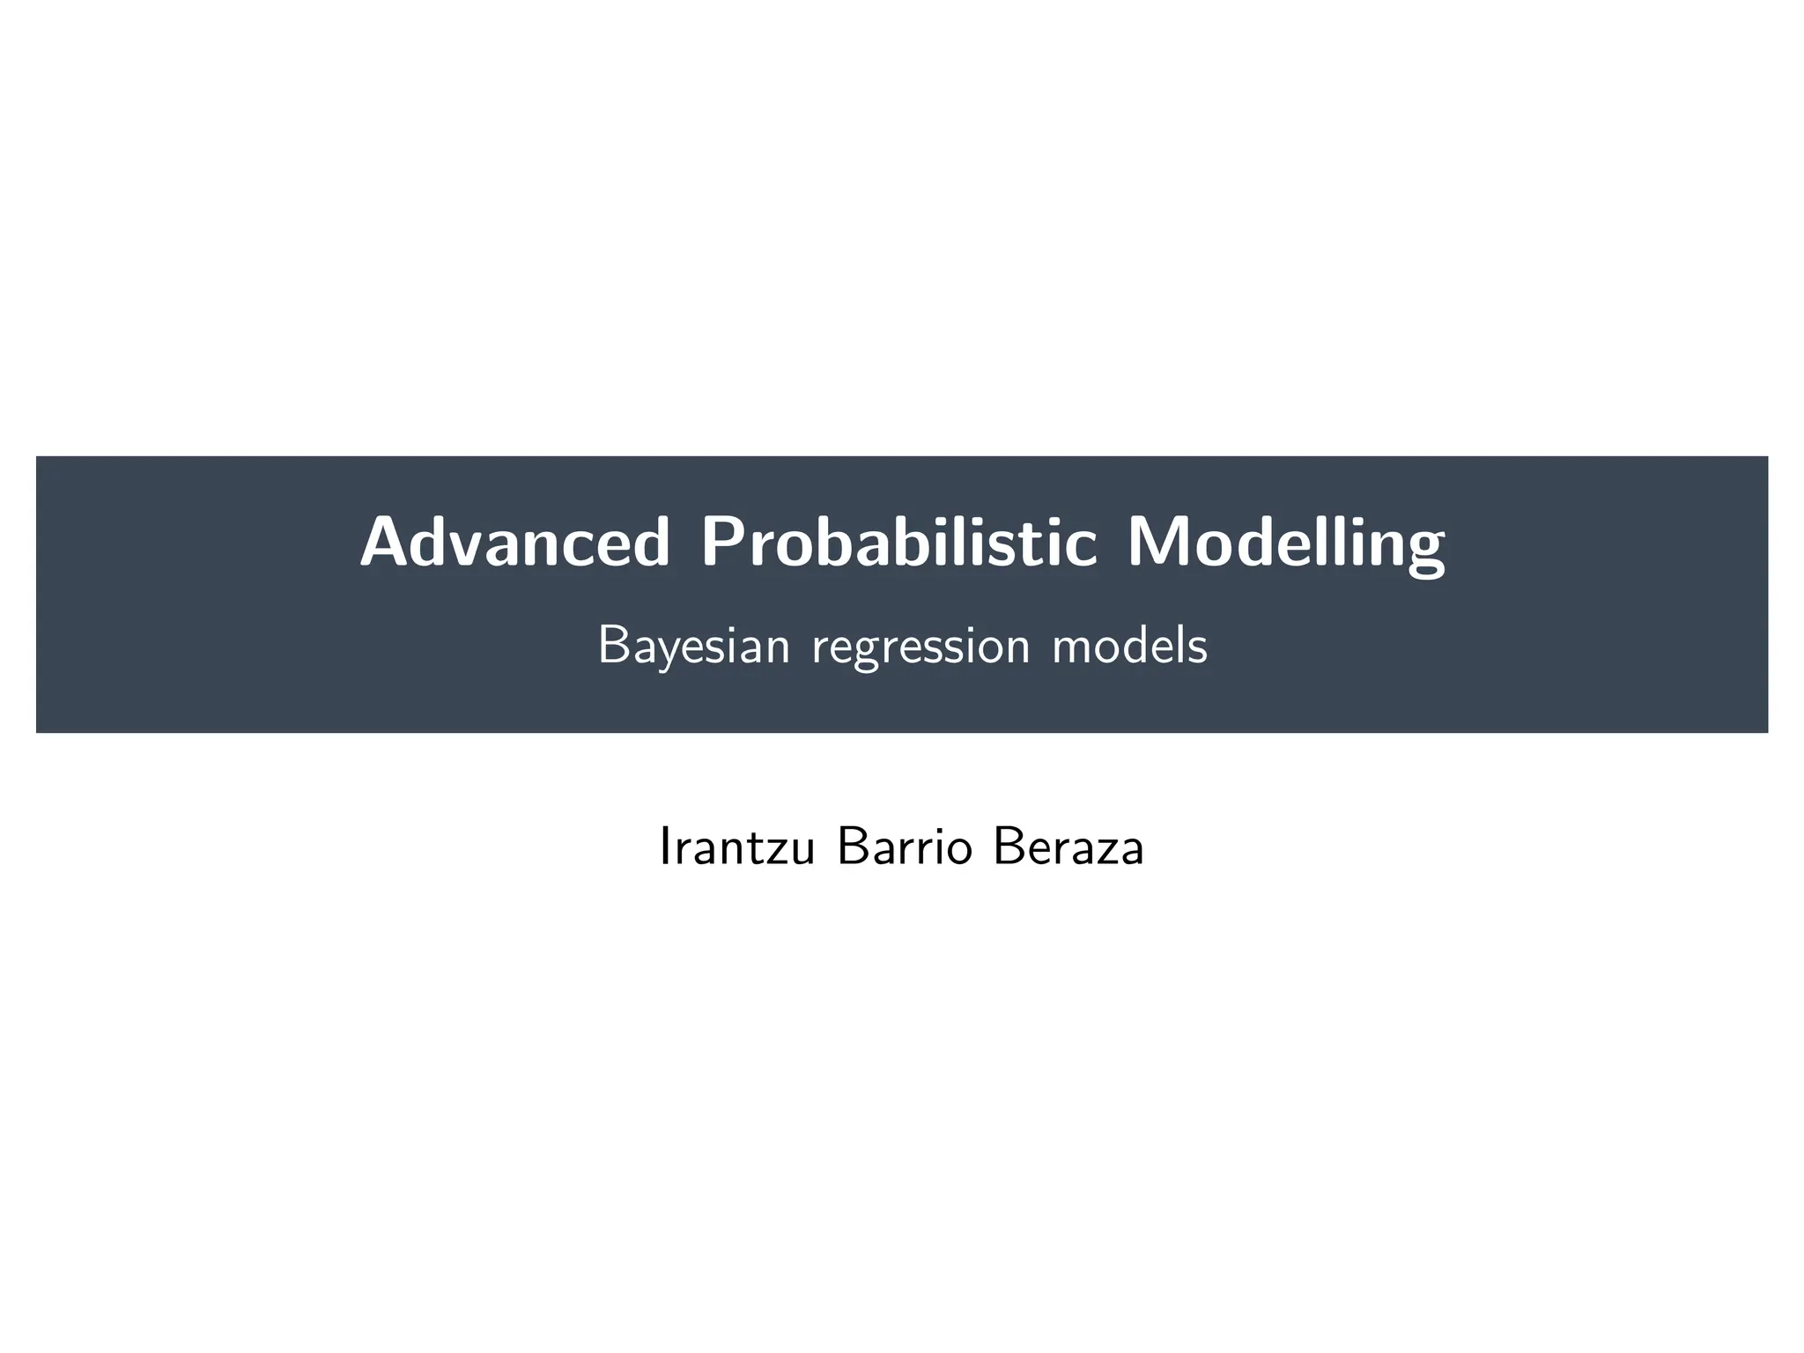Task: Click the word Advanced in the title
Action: coord(515,543)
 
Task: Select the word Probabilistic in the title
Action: coord(898,543)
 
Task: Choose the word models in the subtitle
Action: coord(1130,646)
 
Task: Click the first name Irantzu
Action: coord(736,848)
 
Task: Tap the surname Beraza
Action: coord(1068,848)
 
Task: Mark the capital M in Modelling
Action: coord(1157,543)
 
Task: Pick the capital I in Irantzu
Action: coord(664,847)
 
